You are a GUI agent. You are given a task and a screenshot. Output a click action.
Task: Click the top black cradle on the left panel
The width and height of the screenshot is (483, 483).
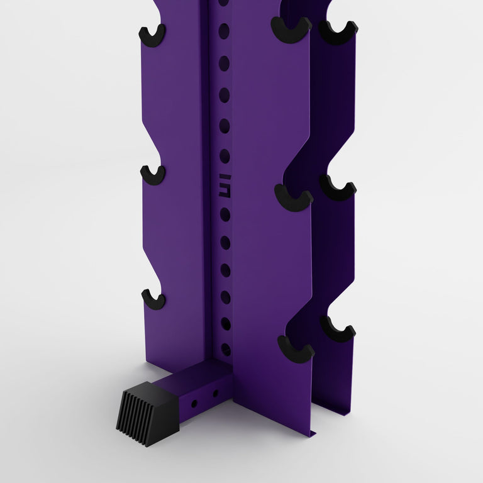(152, 36)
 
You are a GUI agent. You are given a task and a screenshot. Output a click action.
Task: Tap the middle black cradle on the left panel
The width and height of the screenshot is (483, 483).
(153, 175)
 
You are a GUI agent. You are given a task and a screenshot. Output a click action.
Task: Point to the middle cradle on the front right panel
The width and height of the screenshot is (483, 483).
(293, 199)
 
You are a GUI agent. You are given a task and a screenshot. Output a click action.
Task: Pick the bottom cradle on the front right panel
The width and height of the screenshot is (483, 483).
(296, 350)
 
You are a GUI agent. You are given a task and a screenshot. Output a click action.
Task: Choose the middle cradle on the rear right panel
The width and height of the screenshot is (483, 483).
(338, 187)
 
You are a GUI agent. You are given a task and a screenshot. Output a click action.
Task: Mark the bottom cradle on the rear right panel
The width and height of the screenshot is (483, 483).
(338, 329)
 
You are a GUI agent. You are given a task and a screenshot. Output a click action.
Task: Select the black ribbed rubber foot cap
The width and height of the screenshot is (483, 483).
(147, 413)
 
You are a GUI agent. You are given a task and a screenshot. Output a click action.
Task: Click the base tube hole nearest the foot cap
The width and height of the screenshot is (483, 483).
(194, 402)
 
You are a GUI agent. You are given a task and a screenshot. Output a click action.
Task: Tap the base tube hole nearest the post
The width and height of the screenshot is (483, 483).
(215, 393)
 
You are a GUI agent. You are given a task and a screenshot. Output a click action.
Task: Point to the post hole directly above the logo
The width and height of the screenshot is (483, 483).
(225, 156)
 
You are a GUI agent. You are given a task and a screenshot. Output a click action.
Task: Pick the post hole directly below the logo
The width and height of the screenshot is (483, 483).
(225, 214)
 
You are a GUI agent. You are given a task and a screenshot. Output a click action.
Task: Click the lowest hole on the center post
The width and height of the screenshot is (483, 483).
(226, 350)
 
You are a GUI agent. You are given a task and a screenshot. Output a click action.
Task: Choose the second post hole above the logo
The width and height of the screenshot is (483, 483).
(225, 126)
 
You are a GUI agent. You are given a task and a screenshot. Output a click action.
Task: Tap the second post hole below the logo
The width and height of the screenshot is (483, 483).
(225, 242)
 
